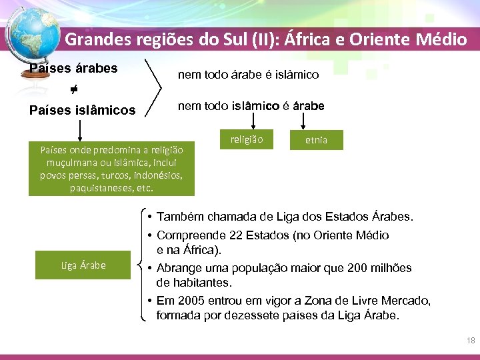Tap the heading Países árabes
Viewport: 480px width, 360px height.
(x=73, y=68)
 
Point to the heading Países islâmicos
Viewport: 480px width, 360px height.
(x=83, y=110)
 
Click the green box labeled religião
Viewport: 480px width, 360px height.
(x=247, y=139)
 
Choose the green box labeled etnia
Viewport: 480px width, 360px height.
(x=316, y=140)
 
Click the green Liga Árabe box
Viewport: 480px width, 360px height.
(x=83, y=265)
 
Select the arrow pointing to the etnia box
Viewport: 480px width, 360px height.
(x=304, y=120)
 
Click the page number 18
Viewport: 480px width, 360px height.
(x=471, y=341)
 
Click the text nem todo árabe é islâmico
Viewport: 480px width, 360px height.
(x=248, y=75)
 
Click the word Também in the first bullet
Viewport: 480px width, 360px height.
(x=181, y=217)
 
